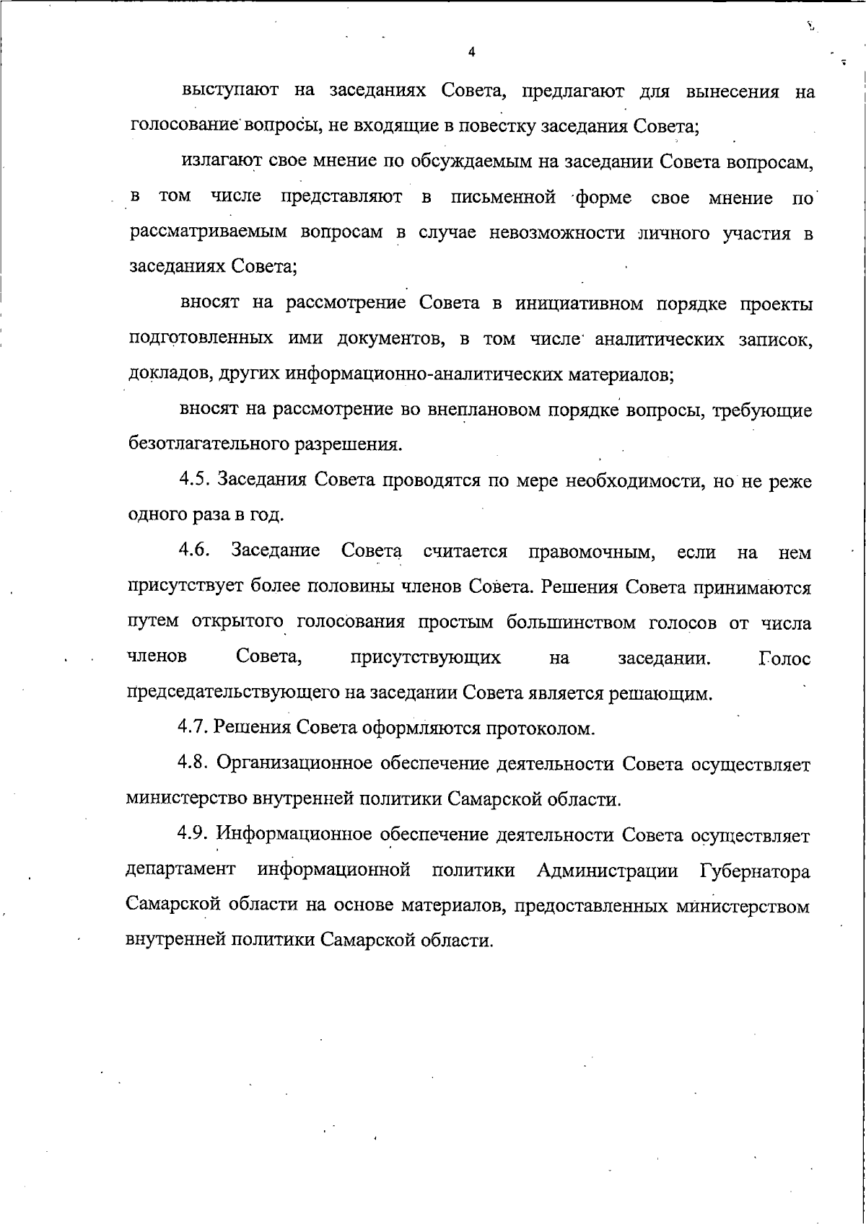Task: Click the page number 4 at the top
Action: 471,52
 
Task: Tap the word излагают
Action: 216,162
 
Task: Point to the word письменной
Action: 503,198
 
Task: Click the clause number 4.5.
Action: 195,480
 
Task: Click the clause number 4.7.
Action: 193,728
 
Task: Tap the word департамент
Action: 180,871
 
